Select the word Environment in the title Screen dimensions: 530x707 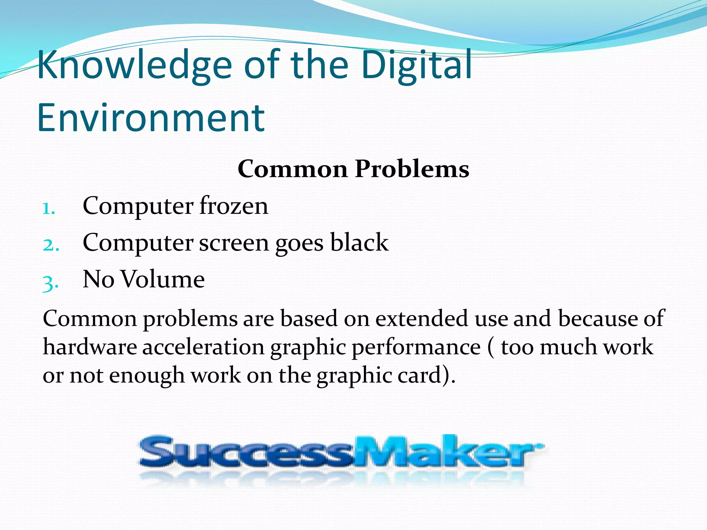click(x=151, y=118)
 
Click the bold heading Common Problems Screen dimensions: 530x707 click(x=353, y=169)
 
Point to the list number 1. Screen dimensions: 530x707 click(x=48, y=208)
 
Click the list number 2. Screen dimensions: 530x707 click(x=51, y=245)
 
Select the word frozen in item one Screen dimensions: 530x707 click(x=234, y=206)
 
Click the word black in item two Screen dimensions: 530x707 click(x=359, y=242)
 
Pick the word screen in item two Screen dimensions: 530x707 click(x=234, y=243)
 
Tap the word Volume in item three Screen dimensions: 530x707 click(x=163, y=279)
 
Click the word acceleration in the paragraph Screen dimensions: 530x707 click(x=203, y=347)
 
